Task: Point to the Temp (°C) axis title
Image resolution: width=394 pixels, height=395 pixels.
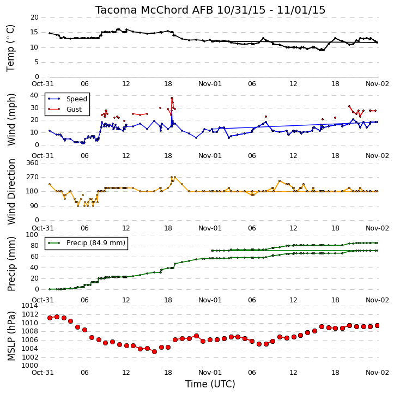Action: tap(10, 48)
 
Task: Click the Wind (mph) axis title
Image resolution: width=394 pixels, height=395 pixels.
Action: tap(11, 119)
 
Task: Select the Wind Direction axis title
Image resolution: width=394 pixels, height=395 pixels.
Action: tap(11, 192)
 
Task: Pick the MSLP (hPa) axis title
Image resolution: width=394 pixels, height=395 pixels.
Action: tap(11, 336)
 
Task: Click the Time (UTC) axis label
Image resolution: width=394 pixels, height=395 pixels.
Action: tap(210, 384)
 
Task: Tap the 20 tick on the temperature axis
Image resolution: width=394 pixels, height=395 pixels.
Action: tap(34, 17)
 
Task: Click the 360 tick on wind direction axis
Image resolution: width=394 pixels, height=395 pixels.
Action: tap(33, 163)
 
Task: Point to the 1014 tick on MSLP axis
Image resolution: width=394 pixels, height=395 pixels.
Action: tap(30, 306)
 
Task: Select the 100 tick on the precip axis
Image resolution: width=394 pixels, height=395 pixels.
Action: tap(33, 235)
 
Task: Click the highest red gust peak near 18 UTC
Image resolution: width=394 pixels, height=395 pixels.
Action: tap(172, 98)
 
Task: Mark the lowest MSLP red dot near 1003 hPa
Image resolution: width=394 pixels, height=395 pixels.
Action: tap(154, 351)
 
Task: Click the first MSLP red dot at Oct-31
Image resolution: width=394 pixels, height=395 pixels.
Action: tap(50, 318)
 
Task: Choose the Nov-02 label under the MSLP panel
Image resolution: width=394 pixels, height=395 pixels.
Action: tap(377, 372)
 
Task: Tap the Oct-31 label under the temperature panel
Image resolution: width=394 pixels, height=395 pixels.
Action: tap(43, 84)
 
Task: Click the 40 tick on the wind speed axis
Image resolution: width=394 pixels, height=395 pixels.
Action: tap(34, 95)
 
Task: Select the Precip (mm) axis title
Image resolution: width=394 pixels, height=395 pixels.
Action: tap(11, 264)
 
